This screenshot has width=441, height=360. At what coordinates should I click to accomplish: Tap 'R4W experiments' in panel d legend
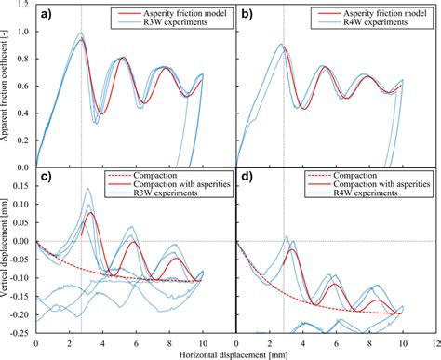pyautogui.click(x=371, y=194)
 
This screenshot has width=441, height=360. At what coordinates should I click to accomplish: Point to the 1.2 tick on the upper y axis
pyautogui.click(x=23, y=7)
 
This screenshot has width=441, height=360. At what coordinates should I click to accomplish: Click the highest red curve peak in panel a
pyautogui.click(x=81, y=40)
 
